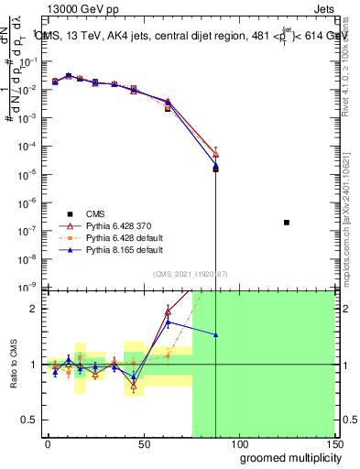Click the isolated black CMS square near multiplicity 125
pos(287,223)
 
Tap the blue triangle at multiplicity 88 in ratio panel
pos(215,335)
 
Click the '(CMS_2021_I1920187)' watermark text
pos(190,274)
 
